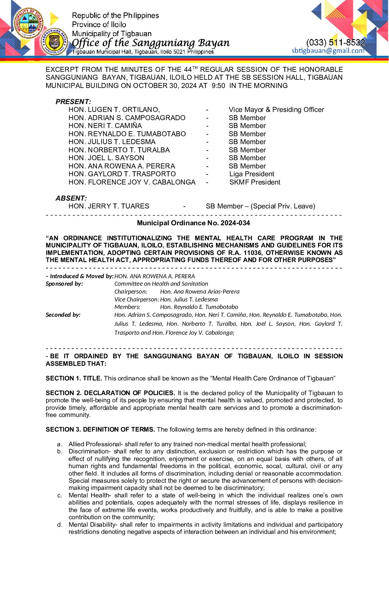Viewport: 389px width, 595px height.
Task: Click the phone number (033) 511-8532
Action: (335, 43)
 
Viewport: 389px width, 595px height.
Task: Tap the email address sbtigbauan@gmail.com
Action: (328, 51)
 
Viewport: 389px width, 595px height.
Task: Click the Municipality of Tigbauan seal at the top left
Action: (28, 23)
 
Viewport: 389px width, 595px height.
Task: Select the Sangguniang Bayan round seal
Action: (55, 42)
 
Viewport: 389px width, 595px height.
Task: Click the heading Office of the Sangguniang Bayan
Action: (151, 43)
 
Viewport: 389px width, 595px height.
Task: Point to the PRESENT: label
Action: (73, 102)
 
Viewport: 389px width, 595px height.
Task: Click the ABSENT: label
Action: (71, 198)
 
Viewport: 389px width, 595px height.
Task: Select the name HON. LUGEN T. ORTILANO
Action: (114, 110)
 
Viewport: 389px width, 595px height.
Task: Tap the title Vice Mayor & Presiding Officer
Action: (276, 110)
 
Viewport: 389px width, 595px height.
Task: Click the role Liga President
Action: (252, 174)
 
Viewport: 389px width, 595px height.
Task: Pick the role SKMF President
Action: (255, 182)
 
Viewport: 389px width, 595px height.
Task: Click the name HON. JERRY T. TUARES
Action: (109, 206)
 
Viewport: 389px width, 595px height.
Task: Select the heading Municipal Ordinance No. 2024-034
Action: (193, 223)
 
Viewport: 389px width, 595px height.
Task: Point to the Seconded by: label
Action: (63, 315)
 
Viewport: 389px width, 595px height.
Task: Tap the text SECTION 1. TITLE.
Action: (74, 378)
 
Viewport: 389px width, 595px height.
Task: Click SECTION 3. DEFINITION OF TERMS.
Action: (100, 429)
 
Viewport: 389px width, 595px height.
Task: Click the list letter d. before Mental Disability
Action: (60, 525)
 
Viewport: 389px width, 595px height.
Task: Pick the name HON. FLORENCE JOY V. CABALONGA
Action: (132, 182)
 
